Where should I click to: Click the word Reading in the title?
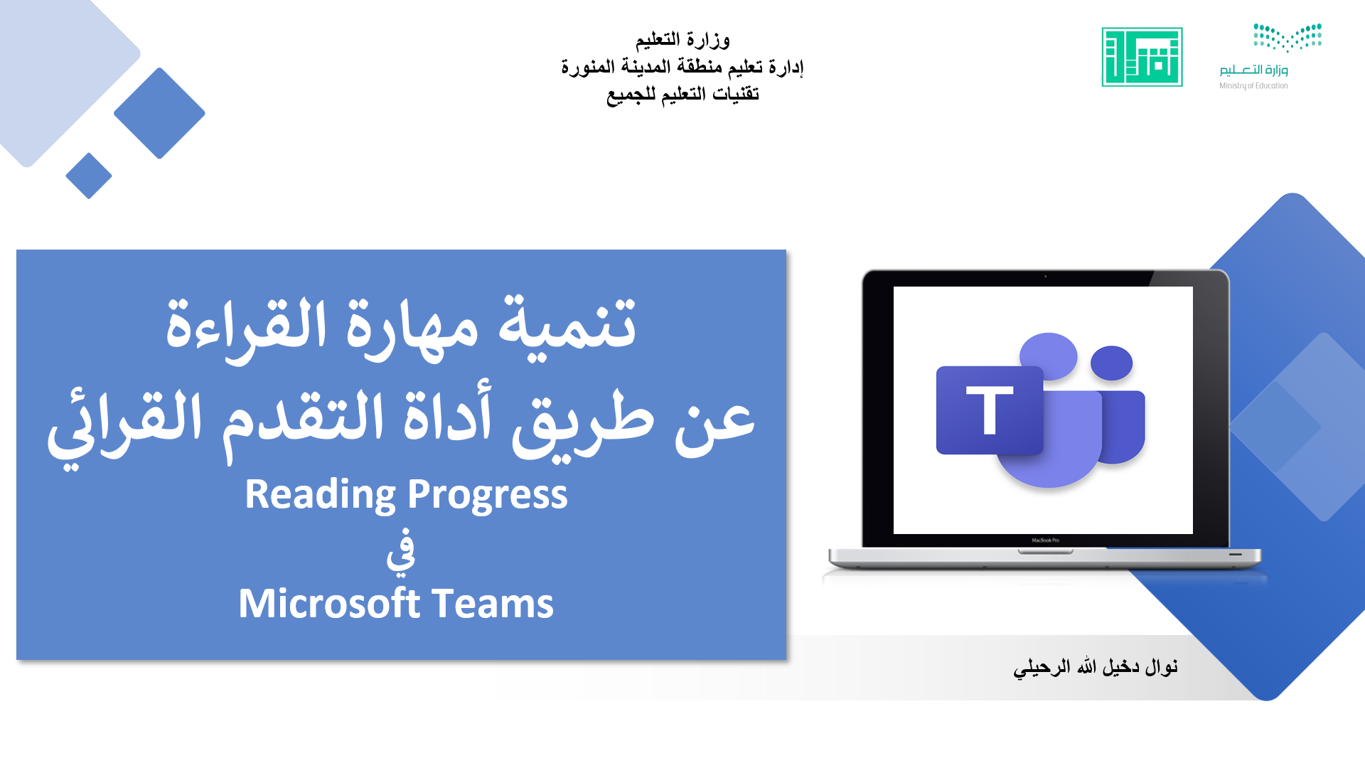(321, 495)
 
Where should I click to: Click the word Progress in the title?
(488, 495)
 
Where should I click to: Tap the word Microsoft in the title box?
(329, 603)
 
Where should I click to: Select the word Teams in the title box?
(493, 603)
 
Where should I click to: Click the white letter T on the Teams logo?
(990, 410)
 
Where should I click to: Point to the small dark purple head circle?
(1111, 363)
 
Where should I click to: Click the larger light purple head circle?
(1049, 356)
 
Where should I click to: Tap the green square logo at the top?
(1142, 57)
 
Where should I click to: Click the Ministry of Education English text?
(1253, 86)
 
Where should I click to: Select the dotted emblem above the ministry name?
(1288, 37)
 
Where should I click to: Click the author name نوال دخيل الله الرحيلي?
(1096, 666)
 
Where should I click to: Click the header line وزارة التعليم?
(682, 39)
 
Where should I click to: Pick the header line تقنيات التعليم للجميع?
(682, 94)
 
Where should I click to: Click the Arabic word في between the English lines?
(401, 550)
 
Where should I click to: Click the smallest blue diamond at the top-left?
(89, 176)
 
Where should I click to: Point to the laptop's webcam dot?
(1045, 277)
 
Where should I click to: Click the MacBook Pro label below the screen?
(1045, 540)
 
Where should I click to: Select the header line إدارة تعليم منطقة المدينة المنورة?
(682, 67)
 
